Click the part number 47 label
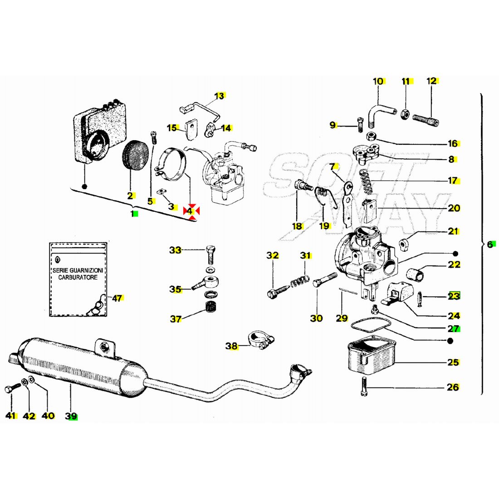point(117,298)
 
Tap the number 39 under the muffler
point(71,416)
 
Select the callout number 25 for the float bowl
point(453,362)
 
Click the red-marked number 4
point(191,211)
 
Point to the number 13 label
point(220,96)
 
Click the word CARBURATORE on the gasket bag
point(78,277)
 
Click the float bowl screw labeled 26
point(364,387)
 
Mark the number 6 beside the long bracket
point(490,244)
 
